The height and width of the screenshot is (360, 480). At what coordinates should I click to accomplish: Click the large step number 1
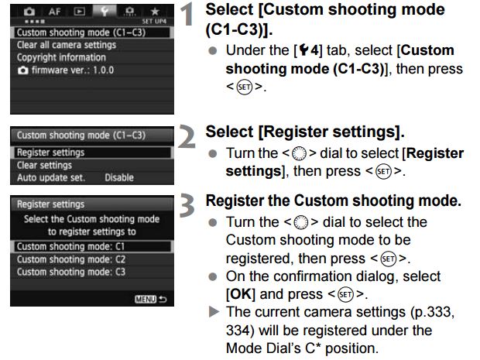click(187, 14)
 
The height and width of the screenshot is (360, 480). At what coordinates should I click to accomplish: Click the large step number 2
click(187, 136)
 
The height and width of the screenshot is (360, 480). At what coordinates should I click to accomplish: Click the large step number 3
click(187, 205)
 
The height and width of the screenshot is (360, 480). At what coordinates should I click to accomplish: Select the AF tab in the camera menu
click(54, 12)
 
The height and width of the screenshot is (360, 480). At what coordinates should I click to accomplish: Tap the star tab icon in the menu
click(155, 12)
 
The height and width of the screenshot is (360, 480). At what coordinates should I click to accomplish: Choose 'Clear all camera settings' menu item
click(67, 45)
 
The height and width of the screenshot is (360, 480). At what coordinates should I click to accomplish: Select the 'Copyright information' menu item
click(61, 57)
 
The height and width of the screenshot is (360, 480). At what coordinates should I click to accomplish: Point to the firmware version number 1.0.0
click(104, 70)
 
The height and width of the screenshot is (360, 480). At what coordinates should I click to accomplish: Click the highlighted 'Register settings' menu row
click(92, 153)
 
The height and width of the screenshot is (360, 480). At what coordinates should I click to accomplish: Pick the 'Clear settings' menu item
click(44, 166)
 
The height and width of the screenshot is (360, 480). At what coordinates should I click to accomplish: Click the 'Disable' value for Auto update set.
click(119, 177)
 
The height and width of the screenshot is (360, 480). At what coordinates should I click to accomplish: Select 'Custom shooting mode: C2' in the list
click(71, 259)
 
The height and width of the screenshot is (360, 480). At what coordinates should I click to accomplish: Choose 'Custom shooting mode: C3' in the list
click(71, 272)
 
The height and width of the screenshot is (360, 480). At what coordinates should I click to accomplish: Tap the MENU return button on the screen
click(151, 299)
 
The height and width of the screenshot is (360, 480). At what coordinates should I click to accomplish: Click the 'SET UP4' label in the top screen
click(154, 22)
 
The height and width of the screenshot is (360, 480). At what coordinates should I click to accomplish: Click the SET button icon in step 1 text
click(245, 87)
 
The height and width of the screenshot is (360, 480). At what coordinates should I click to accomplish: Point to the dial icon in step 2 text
click(299, 153)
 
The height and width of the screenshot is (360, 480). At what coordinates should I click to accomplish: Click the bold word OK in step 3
click(240, 294)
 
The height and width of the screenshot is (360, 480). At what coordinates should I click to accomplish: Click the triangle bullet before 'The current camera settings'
click(214, 312)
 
